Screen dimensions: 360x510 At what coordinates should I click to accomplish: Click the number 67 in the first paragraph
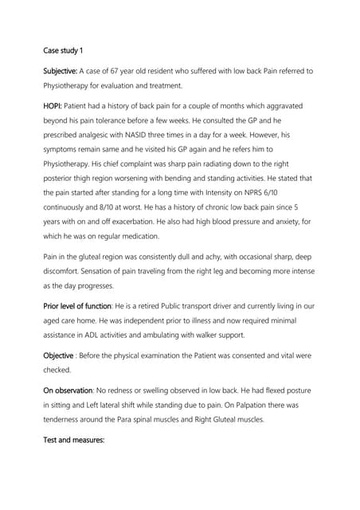pos(123,72)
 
